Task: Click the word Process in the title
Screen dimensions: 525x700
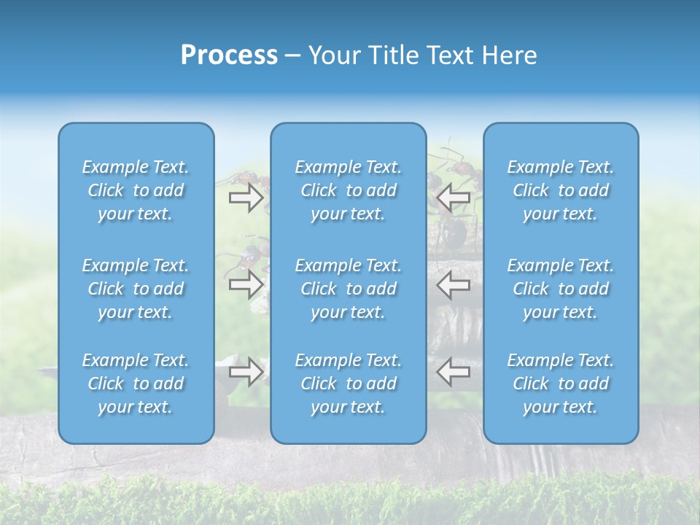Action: coord(229,55)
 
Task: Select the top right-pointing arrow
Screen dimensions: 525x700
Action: coord(246,198)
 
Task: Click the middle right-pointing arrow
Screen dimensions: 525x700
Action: coord(246,284)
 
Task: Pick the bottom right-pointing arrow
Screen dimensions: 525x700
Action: coord(246,371)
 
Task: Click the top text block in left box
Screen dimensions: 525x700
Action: coord(136,190)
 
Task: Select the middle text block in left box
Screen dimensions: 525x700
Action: coord(136,289)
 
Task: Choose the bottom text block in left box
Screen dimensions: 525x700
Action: coord(136,384)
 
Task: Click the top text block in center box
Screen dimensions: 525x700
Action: coord(348,190)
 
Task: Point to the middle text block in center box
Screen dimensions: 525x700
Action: coord(348,289)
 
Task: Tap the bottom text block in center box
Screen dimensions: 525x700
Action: coord(348,384)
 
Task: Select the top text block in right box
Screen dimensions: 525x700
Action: coord(560,190)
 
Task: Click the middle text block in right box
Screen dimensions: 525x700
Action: coord(560,289)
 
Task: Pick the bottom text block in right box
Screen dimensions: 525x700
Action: coord(560,384)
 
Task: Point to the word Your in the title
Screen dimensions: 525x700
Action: coord(336,55)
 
